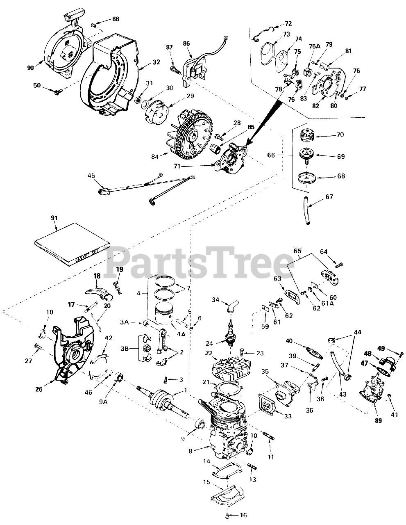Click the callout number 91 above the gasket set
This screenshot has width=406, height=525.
[x=54, y=218]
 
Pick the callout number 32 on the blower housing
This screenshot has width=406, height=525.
[x=145, y=63]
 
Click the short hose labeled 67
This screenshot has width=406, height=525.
[x=306, y=211]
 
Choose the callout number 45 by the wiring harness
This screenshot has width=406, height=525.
[x=91, y=176]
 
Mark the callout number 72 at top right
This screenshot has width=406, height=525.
[x=288, y=23]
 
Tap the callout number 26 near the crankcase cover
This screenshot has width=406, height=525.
[x=39, y=389]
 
